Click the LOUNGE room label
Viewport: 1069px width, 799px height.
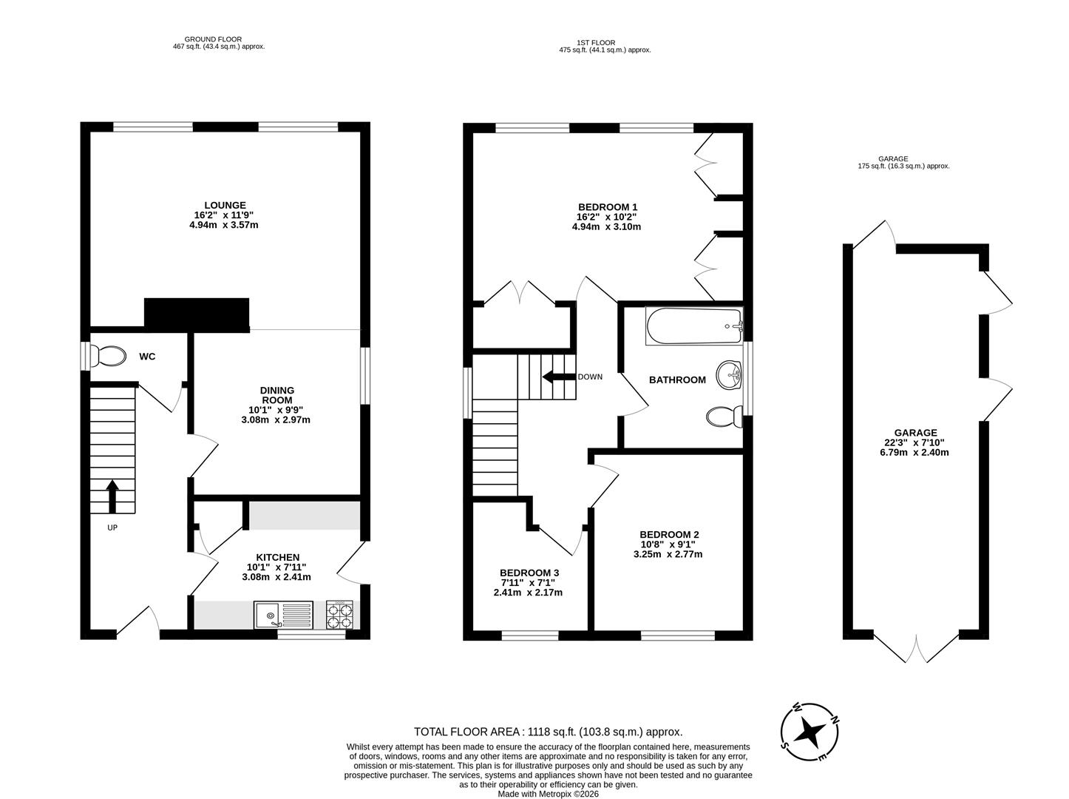(x=225, y=206)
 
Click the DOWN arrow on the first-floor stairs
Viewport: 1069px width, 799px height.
(x=558, y=377)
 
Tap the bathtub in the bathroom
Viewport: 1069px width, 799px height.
(x=693, y=326)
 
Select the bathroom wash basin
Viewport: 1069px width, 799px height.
(x=730, y=374)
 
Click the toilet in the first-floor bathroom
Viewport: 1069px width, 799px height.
(x=723, y=417)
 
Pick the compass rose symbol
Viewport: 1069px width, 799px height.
(x=811, y=731)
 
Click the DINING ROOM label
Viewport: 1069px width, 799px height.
(x=276, y=395)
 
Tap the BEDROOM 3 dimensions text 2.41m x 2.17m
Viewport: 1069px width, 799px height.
(x=528, y=593)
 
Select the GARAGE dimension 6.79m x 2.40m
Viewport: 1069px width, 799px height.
(x=915, y=452)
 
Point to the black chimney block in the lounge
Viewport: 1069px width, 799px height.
(x=197, y=314)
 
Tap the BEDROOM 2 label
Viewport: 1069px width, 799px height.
(x=669, y=535)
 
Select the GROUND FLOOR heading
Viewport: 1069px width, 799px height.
(x=214, y=40)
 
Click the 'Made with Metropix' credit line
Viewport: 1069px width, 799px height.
(x=548, y=794)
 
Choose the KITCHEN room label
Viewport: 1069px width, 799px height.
(x=277, y=557)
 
